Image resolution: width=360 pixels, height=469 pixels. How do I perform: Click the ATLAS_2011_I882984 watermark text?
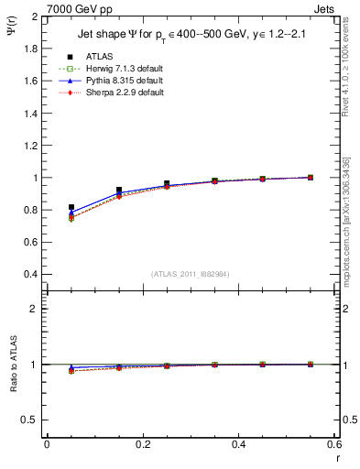click(x=191, y=274)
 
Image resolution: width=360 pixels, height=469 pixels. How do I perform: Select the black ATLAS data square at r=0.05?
click(x=71, y=208)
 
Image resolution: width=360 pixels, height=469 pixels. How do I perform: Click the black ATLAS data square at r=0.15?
click(x=119, y=191)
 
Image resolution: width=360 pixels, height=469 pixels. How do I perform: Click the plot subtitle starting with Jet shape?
click(x=191, y=35)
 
